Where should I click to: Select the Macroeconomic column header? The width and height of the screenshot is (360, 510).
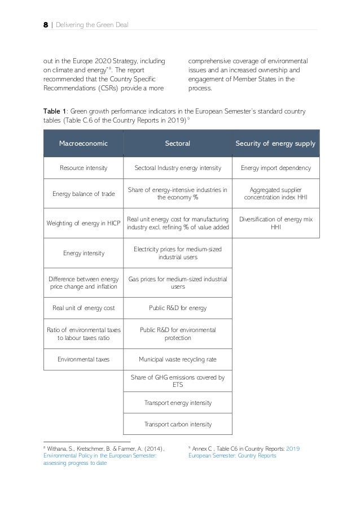(x=83, y=143)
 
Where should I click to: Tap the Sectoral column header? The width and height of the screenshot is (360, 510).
(x=177, y=143)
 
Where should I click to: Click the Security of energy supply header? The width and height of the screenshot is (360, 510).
(x=276, y=143)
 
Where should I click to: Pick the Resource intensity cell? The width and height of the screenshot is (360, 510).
(x=83, y=168)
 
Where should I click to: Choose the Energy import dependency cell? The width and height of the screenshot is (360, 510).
(x=276, y=168)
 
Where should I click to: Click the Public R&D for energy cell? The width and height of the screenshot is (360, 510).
(x=177, y=308)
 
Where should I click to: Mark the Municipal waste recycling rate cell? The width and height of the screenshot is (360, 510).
(x=177, y=358)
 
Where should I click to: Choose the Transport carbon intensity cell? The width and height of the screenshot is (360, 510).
(x=177, y=423)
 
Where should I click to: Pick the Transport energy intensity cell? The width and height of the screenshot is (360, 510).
(x=177, y=403)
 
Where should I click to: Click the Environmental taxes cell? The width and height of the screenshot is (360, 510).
(x=83, y=358)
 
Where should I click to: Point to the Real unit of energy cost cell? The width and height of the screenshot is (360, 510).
(x=83, y=308)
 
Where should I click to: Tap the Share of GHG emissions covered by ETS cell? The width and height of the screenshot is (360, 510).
(x=177, y=381)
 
